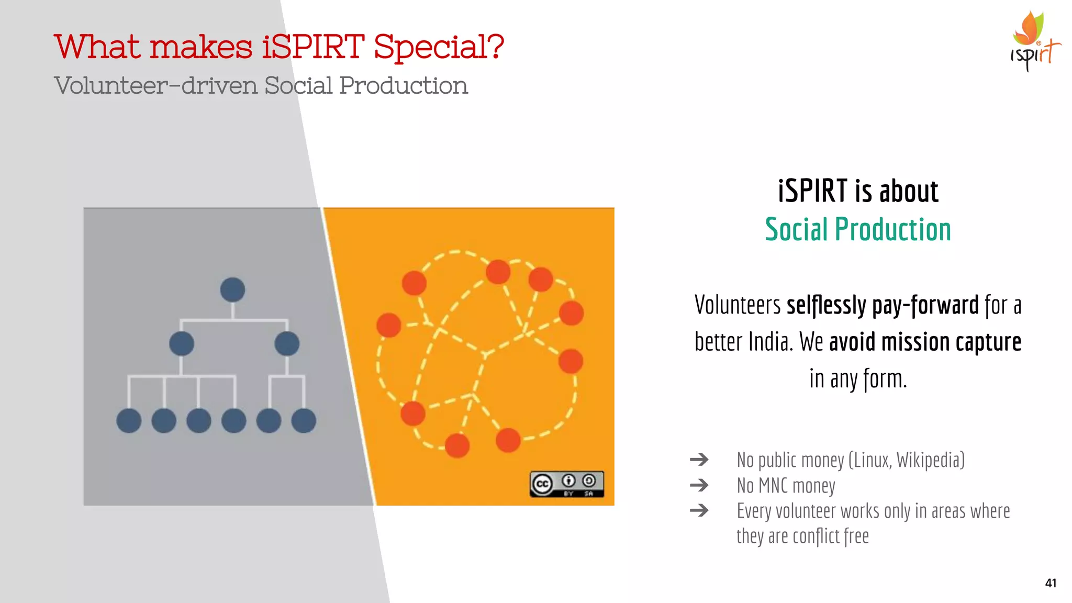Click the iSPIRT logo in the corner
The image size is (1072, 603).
pyautogui.click(x=1034, y=42)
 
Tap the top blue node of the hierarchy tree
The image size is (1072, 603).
pyautogui.click(x=232, y=289)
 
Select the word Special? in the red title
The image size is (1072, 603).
pyautogui.click(x=439, y=47)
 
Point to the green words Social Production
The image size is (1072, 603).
pyautogui.click(x=857, y=229)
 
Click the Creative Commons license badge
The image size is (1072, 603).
pyautogui.click(x=566, y=484)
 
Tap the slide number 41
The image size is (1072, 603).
pyautogui.click(x=1050, y=583)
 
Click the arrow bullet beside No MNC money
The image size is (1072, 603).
pyautogui.click(x=699, y=485)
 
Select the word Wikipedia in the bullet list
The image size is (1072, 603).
pyautogui.click(x=930, y=460)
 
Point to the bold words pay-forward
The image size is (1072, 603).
pyautogui.click(x=925, y=305)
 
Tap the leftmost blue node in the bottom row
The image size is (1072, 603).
pyautogui.click(x=129, y=420)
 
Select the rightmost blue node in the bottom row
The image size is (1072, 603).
pyautogui.click(x=304, y=420)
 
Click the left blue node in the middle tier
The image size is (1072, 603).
pyautogui.click(x=182, y=343)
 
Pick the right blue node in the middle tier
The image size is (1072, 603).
pyautogui.click(x=287, y=343)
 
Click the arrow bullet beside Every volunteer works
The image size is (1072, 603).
pyautogui.click(x=699, y=510)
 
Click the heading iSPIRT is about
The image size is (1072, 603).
pyautogui.click(x=857, y=191)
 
